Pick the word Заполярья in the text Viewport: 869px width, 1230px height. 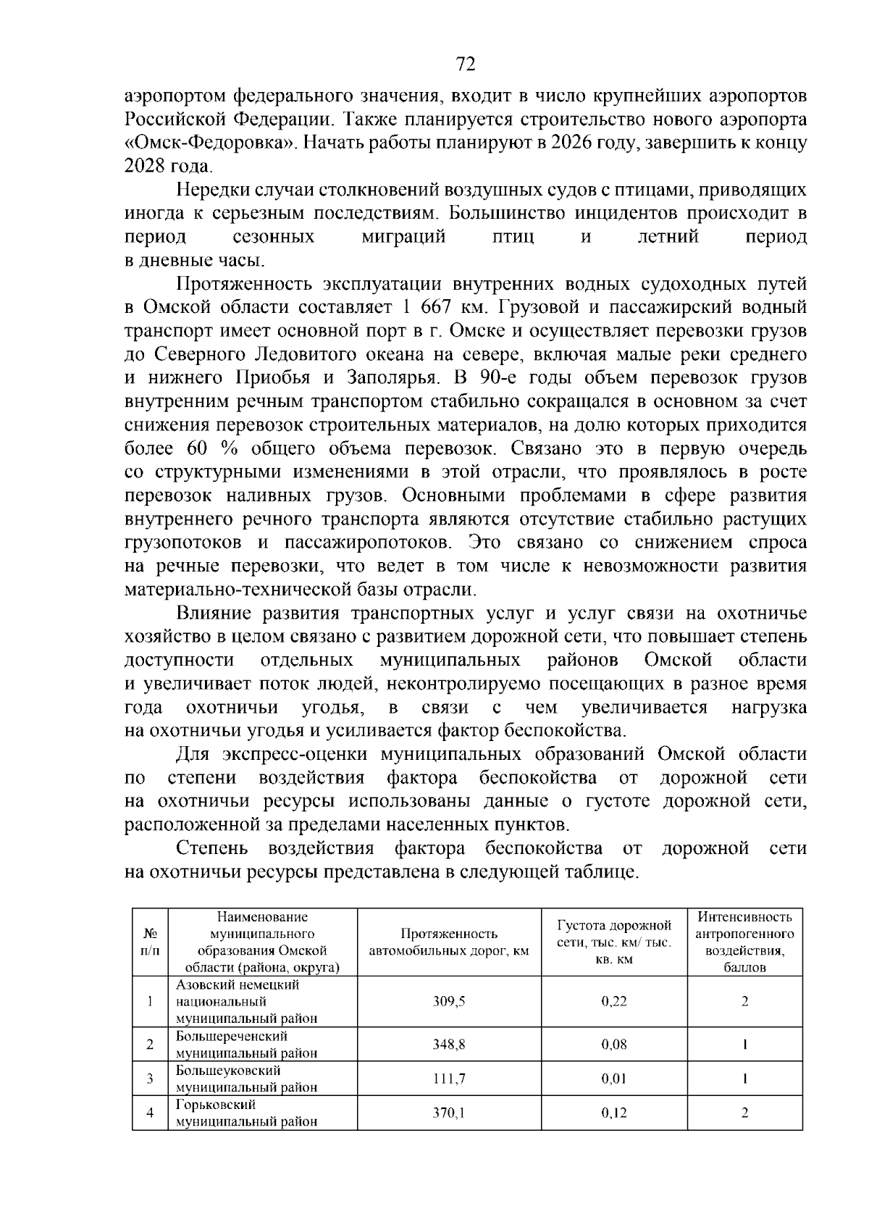point(392,377)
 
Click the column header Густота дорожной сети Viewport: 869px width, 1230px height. point(614,942)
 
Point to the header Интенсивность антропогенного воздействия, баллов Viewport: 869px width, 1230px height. point(744,942)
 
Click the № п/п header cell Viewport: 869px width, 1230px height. point(150,942)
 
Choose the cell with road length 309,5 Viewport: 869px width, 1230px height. point(449,1002)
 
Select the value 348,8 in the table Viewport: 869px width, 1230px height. point(449,1045)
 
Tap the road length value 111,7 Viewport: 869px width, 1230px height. point(449,1079)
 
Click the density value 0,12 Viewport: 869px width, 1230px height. point(614,1113)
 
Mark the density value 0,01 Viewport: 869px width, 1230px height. point(614,1079)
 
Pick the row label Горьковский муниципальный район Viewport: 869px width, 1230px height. point(246,1113)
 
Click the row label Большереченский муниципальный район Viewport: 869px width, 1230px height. point(246,1045)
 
